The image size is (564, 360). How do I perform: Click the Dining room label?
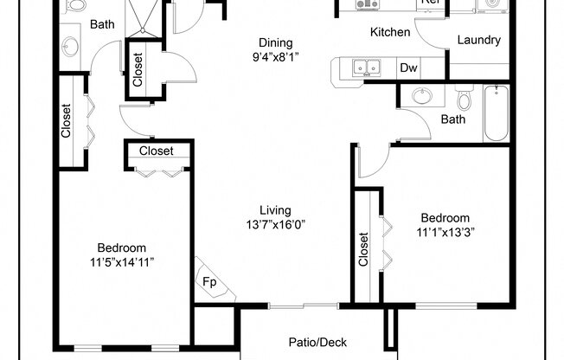click(x=276, y=43)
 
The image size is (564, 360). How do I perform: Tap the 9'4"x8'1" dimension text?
click(x=276, y=59)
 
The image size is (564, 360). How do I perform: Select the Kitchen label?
click(x=390, y=33)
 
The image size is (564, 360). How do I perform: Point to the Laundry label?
click(x=478, y=40)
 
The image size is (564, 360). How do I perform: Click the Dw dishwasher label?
click(x=408, y=68)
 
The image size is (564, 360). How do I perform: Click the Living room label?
click(x=275, y=210)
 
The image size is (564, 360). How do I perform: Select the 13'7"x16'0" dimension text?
click(x=275, y=225)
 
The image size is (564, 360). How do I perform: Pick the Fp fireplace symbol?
click(x=210, y=281)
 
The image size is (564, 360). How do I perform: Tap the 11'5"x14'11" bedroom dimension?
click(x=121, y=261)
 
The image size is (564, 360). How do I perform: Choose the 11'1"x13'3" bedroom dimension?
click(x=445, y=232)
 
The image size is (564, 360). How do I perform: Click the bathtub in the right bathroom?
click(x=497, y=113)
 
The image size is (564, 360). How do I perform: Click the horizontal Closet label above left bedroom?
click(x=157, y=151)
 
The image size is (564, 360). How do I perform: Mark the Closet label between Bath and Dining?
click(x=138, y=69)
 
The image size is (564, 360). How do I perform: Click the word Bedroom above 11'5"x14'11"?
click(x=121, y=247)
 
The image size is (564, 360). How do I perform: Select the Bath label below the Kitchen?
click(x=453, y=119)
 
